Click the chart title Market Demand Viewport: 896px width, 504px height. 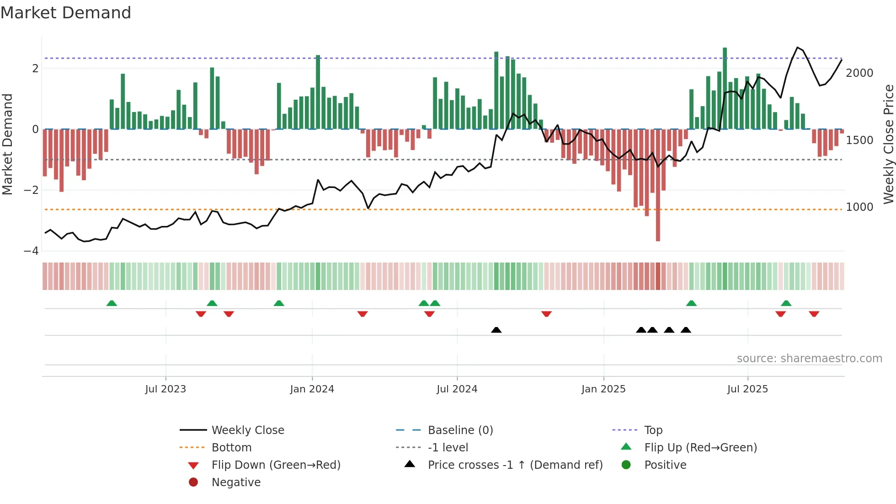pos(66,13)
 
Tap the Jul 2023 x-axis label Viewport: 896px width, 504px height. pos(165,389)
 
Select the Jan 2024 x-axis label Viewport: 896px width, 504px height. pos(312,389)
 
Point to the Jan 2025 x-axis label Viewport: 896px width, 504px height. pos(603,389)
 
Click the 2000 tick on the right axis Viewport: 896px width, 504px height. pos(859,73)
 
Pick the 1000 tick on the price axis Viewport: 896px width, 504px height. pos(859,207)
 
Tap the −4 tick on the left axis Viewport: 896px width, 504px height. pos(31,251)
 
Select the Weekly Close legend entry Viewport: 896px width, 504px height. pos(247,430)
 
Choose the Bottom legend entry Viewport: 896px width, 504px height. pos(231,448)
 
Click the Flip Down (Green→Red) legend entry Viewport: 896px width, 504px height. pos(276,465)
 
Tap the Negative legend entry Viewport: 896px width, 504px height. pos(236,483)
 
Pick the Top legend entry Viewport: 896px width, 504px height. pos(653,430)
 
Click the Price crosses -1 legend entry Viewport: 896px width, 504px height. pos(515,465)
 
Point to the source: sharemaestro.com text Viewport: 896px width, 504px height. pos(809,359)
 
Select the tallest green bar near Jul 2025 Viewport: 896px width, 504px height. pos(725,87)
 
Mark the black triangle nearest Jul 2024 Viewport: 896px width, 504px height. pos(496,330)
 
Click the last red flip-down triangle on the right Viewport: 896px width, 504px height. pos(814,314)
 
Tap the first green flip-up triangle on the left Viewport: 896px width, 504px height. pos(112,303)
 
